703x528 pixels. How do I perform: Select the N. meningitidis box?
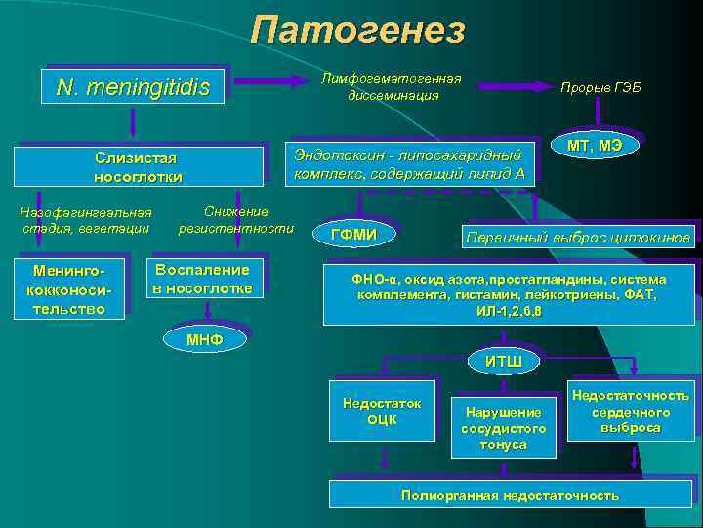point(134,88)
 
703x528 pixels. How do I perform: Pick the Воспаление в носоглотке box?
point(202,279)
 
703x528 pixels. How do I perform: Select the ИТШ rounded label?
point(504,362)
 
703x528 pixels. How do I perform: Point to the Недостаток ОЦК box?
point(382,412)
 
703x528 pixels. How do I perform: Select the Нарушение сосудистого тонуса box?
point(503,427)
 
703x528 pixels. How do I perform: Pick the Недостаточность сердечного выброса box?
point(630,412)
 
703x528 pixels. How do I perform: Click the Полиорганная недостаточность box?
point(510,495)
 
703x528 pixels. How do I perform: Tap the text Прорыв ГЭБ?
point(600,88)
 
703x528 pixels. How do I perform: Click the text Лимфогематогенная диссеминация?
point(393,87)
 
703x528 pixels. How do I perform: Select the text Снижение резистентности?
point(236,220)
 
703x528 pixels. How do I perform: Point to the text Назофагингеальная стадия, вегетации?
point(86,220)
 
